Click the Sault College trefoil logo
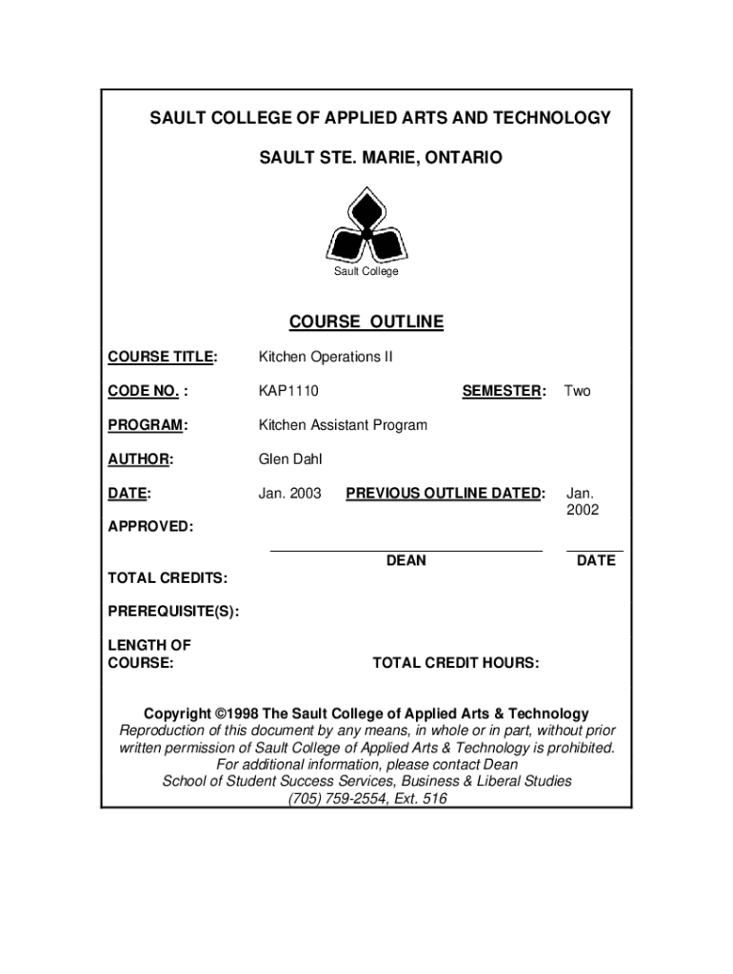(x=366, y=225)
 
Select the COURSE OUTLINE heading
(x=366, y=322)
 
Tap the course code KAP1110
(x=288, y=391)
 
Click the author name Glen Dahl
(x=290, y=459)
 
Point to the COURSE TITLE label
(x=162, y=357)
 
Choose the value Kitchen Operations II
(x=326, y=357)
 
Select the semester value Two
(x=578, y=391)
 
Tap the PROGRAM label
(x=148, y=425)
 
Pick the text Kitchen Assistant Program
(x=343, y=425)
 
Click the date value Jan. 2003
(x=290, y=494)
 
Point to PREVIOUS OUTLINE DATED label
(x=446, y=494)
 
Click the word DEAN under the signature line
(x=406, y=561)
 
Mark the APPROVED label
(x=149, y=526)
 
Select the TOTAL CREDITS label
(x=168, y=578)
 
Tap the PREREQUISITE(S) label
(x=173, y=612)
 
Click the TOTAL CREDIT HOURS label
(x=456, y=663)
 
